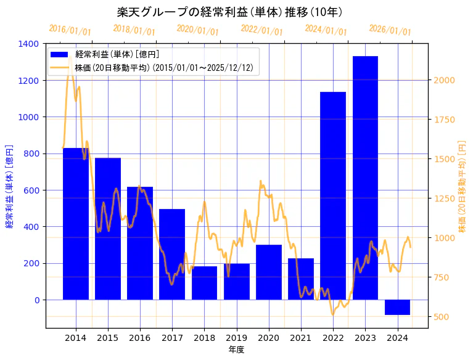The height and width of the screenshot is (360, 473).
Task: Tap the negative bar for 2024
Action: [x=397, y=307]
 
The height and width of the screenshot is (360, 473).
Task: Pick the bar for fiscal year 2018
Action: [x=204, y=283]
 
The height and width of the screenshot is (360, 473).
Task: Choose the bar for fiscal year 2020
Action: [x=269, y=272]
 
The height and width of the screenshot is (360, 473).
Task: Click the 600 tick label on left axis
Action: [x=32, y=190]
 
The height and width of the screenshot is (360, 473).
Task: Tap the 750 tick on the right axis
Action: [x=442, y=277]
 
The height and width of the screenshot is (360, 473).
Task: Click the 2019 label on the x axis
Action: [x=236, y=338]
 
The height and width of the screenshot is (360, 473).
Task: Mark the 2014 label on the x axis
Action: [x=75, y=338]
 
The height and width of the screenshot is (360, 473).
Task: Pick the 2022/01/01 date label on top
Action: [x=261, y=30]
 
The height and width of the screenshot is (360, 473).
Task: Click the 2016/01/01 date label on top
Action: [x=70, y=30]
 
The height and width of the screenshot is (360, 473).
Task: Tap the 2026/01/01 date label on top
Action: [x=390, y=30]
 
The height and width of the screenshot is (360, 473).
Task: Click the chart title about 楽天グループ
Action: [x=230, y=12]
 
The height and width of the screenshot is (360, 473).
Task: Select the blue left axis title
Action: [x=9, y=186]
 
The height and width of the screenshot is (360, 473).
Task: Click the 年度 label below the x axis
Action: [x=236, y=350]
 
